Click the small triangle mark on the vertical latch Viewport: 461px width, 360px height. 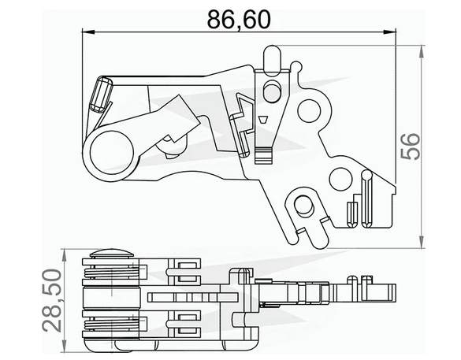click(262, 121)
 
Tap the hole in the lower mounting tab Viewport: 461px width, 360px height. click(302, 206)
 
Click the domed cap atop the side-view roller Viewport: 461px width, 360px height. click(112, 254)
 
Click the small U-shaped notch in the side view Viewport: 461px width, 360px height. click(359, 278)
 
